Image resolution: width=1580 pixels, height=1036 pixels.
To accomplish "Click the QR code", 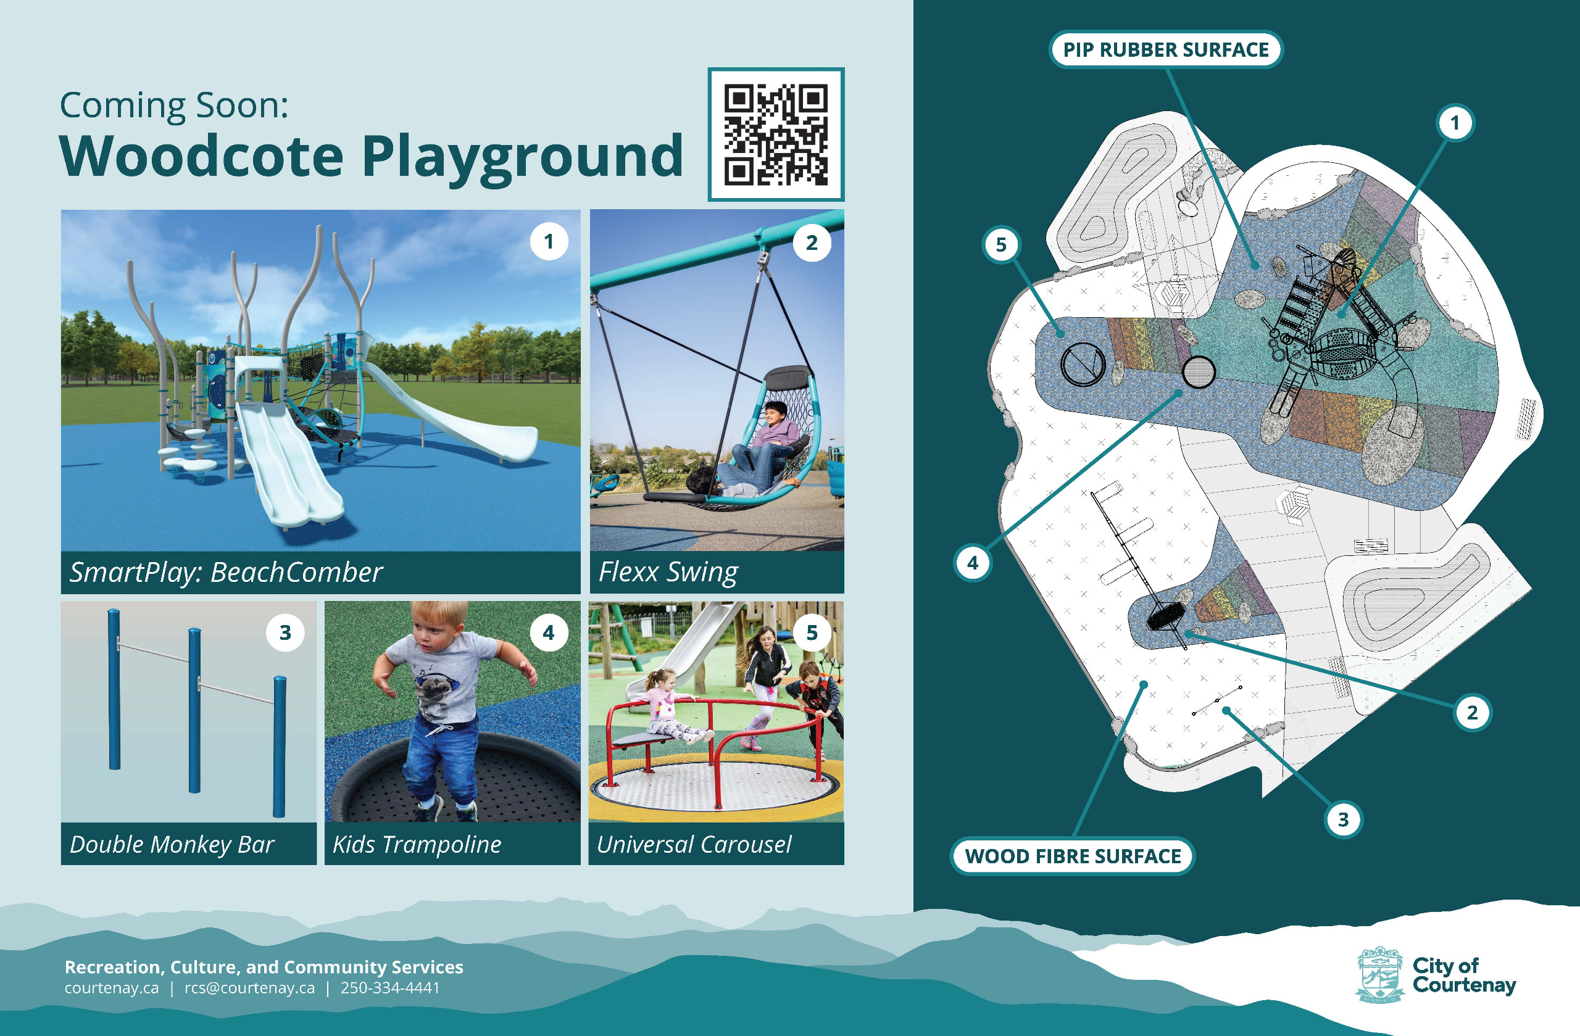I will [x=775, y=134].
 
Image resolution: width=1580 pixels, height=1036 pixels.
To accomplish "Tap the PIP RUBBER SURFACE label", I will [x=1165, y=50].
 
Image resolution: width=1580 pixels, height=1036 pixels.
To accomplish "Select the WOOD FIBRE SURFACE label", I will [x=1072, y=856].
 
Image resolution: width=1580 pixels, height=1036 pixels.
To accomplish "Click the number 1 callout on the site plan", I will [x=1455, y=123].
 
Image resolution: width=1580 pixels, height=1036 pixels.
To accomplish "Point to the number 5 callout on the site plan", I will [x=1000, y=245].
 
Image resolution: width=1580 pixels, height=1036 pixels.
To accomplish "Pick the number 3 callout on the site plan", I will [x=1343, y=819].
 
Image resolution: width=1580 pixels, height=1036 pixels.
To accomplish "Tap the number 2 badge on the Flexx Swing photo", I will [x=811, y=243].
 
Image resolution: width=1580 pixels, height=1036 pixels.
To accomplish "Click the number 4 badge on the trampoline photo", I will [x=548, y=632].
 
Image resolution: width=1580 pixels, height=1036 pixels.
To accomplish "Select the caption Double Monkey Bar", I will [x=172, y=844].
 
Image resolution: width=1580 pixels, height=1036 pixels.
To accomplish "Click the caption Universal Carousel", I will [x=694, y=844].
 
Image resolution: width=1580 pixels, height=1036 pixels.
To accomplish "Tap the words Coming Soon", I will [x=174, y=106].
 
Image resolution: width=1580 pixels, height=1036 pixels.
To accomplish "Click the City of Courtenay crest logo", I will [x=1379, y=974].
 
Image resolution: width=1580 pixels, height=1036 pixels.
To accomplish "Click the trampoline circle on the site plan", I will [x=1199, y=371].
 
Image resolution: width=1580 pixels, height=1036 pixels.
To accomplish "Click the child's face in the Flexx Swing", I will [x=774, y=416].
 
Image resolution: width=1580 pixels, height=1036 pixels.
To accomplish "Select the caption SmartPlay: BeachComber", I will [x=226, y=572].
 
